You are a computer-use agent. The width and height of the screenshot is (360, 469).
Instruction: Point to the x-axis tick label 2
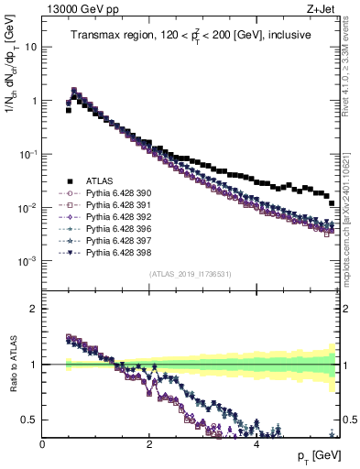click(148, 444)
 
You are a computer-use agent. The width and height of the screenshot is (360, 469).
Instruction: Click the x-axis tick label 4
click(256, 444)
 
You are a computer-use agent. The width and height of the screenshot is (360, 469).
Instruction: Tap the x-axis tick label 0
click(42, 444)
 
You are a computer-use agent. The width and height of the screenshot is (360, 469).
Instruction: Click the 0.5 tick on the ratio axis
click(30, 420)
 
